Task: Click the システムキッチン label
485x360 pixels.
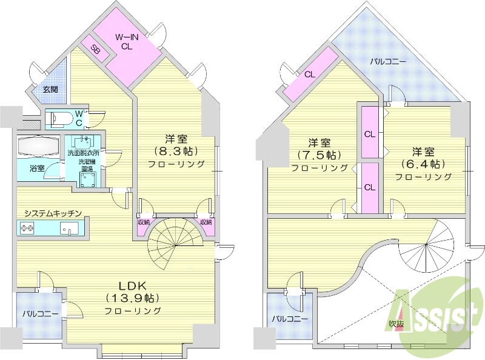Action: coord(53,213)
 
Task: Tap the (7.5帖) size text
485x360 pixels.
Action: coord(319,155)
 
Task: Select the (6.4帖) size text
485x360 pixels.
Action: coord(424,164)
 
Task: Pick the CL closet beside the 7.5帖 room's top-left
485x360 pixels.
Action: coord(309,75)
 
